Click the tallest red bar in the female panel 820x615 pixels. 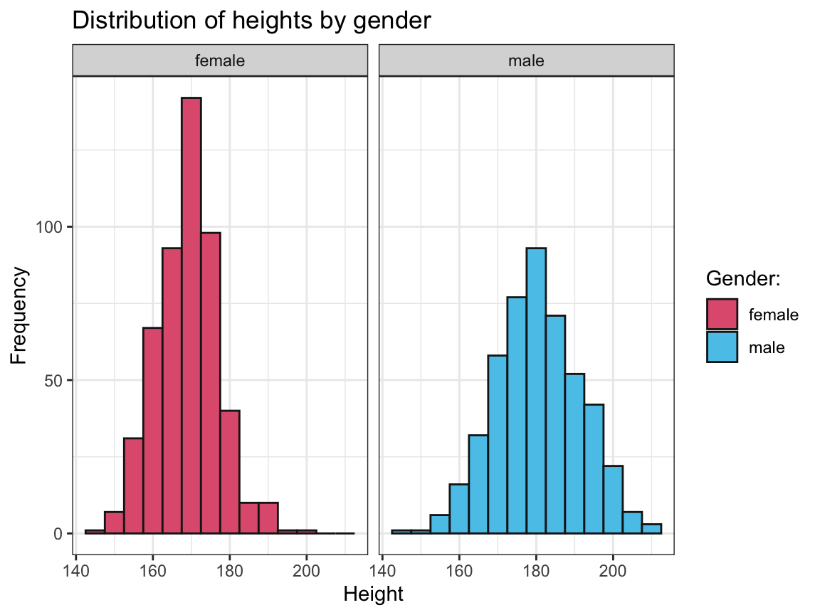[x=191, y=313]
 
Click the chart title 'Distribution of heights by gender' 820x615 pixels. [x=251, y=21]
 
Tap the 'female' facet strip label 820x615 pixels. [x=220, y=61]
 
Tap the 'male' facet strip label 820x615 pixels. [x=526, y=61]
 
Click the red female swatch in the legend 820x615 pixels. [x=722, y=314]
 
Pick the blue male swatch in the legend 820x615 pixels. [x=722, y=347]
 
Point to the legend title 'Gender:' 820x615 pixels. [x=744, y=280]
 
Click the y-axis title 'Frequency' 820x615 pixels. [x=21, y=315]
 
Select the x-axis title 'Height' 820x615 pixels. [x=373, y=594]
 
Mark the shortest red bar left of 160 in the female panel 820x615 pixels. [x=95, y=531]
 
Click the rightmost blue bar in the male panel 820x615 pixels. [x=651, y=529]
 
